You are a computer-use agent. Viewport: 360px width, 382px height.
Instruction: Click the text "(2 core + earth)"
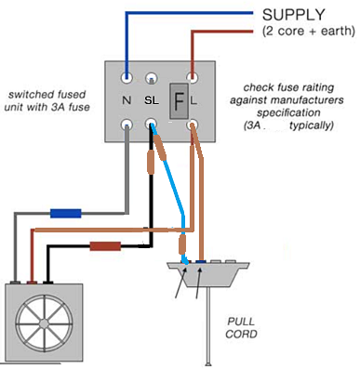(x=307, y=32)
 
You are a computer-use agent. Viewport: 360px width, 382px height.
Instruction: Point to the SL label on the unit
(x=152, y=99)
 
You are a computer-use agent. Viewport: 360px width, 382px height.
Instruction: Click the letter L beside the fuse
(x=193, y=99)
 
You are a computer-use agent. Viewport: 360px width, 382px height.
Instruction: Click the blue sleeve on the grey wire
(x=65, y=213)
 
